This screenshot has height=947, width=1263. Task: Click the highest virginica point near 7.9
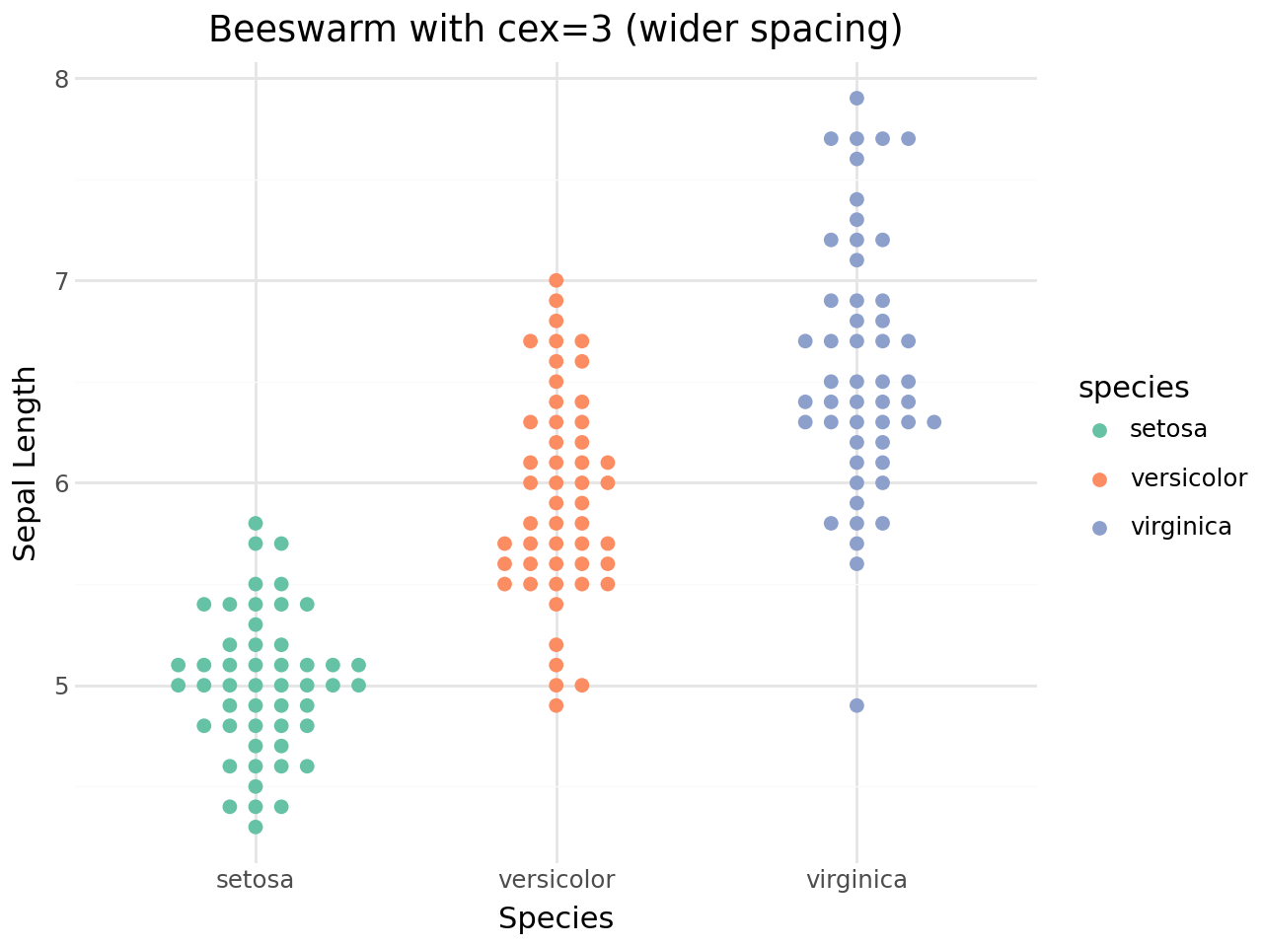(x=856, y=98)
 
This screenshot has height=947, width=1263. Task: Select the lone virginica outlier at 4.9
(x=856, y=705)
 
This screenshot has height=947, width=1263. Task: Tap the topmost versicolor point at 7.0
(x=557, y=280)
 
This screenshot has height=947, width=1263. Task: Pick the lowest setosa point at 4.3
(x=256, y=827)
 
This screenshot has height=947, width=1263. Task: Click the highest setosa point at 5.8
(x=256, y=523)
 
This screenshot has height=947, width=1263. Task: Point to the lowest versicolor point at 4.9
(x=557, y=705)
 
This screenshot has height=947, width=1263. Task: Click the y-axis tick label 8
(x=60, y=79)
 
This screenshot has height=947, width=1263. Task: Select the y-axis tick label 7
(x=60, y=281)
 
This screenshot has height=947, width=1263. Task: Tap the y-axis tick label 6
(x=60, y=483)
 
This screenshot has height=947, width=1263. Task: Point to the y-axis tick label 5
(x=60, y=686)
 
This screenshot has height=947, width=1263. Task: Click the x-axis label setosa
(x=256, y=880)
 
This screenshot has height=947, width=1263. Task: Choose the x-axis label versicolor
(x=557, y=880)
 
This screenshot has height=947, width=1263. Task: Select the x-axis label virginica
(x=856, y=880)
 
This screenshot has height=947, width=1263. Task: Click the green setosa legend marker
(x=1100, y=430)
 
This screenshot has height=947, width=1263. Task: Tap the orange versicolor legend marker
(x=1100, y=479)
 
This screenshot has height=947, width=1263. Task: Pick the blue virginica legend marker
(x=1100, y=528)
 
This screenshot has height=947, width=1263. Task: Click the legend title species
(x=1134, y=388)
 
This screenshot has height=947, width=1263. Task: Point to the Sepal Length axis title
(x=27, y=464)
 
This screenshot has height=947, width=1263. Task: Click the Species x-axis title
(x=557, y=918)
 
